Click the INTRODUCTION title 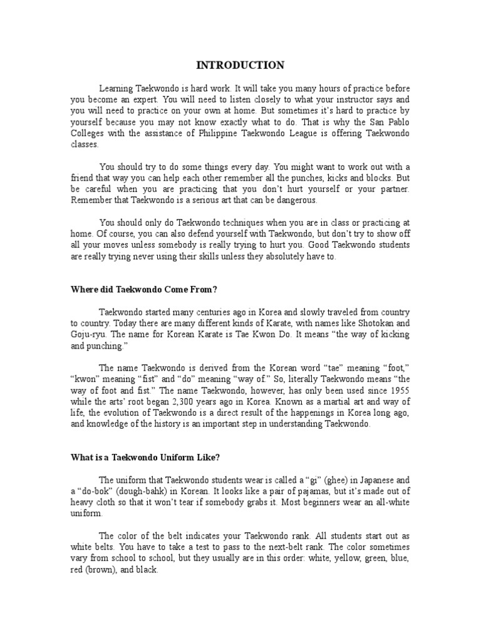[x=240, y=65]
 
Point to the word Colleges [x=88, y=133]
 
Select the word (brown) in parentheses [x=99, y=570]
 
